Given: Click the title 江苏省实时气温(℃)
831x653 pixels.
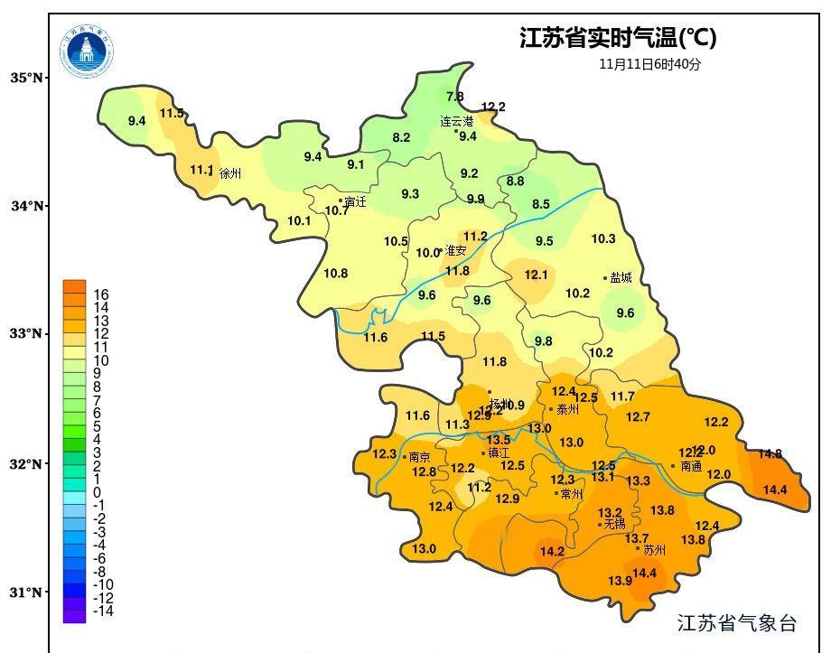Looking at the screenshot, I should click(x=618, y=38).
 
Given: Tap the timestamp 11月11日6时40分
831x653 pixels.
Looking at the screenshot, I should click(x=649, y=65).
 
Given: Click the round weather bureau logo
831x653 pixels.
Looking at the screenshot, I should click(x=88, y=51).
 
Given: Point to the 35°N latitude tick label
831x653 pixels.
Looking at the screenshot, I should click(x=27, y=79).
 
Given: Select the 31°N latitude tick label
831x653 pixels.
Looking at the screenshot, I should click(x=27, y=592).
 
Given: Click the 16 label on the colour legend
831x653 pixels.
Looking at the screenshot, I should click(x=101, y=294).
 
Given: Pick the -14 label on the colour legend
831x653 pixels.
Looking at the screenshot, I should click(x=104, y=611).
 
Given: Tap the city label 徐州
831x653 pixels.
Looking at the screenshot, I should click(x=231, y=173).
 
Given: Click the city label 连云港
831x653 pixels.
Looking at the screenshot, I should click(x=457, y=121).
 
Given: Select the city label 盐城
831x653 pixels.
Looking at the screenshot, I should click(x=621, y=278).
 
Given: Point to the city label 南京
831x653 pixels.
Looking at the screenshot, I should click(x=420, y=457).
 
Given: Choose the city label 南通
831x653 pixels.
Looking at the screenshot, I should click(x=691, y=467).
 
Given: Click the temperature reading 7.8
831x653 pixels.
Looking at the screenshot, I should click(x=455, y=97).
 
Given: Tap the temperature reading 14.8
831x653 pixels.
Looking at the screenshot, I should click(x=770, y=453).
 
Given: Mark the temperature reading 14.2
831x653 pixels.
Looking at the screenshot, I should click(x=552, y=551).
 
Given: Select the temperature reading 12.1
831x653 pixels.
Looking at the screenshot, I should click(x=537, y=275).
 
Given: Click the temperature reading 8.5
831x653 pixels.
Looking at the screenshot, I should click(x=540, y=204).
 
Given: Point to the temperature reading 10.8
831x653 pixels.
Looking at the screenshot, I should click(x=335, y=273).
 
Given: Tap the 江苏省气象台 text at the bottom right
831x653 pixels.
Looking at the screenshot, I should click(x=737, y=623).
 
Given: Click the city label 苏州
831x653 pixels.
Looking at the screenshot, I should click(x=655, y=549).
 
